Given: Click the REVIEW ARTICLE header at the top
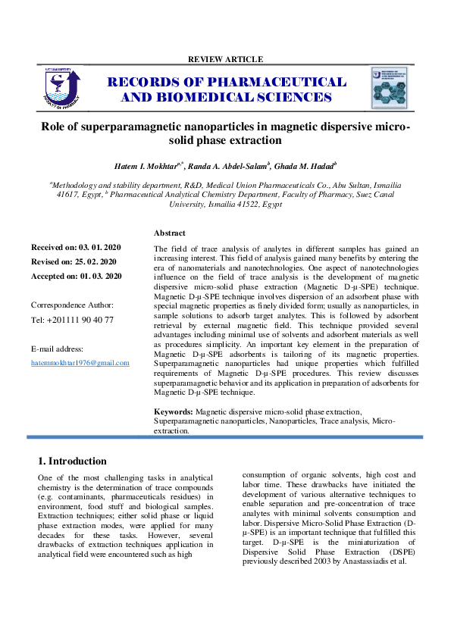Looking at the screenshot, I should pos(225,59).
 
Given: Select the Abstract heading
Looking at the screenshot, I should pos(169,233).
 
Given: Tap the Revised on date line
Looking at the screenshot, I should pos(74,262).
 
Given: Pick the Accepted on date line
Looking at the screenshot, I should pos(76,277).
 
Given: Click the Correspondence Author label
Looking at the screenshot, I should pos(72,305).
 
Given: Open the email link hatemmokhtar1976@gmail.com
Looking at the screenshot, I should pos(80,363).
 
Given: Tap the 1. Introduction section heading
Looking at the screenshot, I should pos(72,461).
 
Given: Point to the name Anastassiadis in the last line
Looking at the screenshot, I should pos(373,561).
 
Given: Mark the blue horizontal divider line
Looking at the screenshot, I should pos(225,437).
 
